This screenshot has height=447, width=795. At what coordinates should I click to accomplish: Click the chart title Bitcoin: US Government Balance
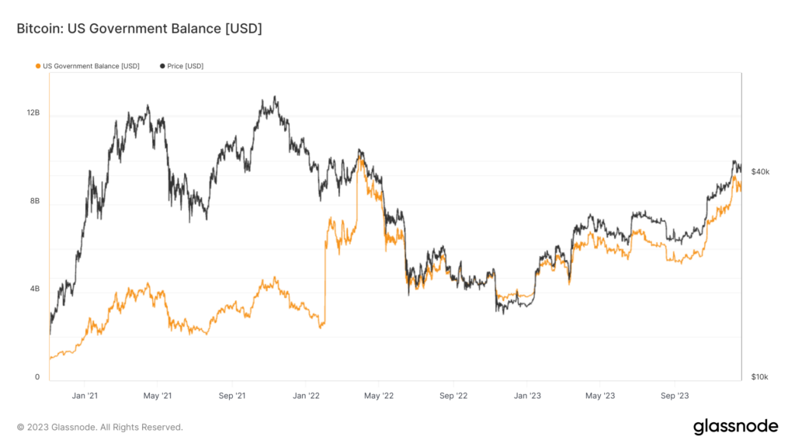click(139, 29)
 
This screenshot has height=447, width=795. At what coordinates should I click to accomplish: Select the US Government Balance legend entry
click(91, 66)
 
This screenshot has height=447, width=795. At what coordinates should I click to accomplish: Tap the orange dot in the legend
click(38, 66)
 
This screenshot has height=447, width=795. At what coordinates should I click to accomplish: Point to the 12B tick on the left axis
click(33, 113)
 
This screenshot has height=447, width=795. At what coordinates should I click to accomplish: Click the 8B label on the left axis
click(34, 201)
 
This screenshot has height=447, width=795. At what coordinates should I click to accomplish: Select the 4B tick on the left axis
click(34, 289)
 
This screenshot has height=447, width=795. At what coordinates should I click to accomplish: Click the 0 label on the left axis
click(36, 377)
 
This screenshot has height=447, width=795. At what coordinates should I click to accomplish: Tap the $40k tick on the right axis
click(760, 172)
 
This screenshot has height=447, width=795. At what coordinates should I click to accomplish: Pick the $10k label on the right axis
click(760, 377)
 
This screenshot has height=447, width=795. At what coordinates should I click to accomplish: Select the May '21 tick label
click(158, 396)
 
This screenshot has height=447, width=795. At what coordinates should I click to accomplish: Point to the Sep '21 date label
click(232, 396)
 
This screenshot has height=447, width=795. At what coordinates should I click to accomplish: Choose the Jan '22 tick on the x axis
click(306, 396)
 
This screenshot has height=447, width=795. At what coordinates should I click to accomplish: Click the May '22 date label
click(379, 396)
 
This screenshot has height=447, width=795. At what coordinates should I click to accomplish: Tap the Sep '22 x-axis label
click(453, 396)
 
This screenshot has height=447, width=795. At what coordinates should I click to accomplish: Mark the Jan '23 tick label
click(527, 396)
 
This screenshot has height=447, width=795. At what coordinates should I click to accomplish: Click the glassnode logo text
click(734, 426)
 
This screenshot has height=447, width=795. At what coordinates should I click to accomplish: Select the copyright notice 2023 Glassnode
click(100, 427)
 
